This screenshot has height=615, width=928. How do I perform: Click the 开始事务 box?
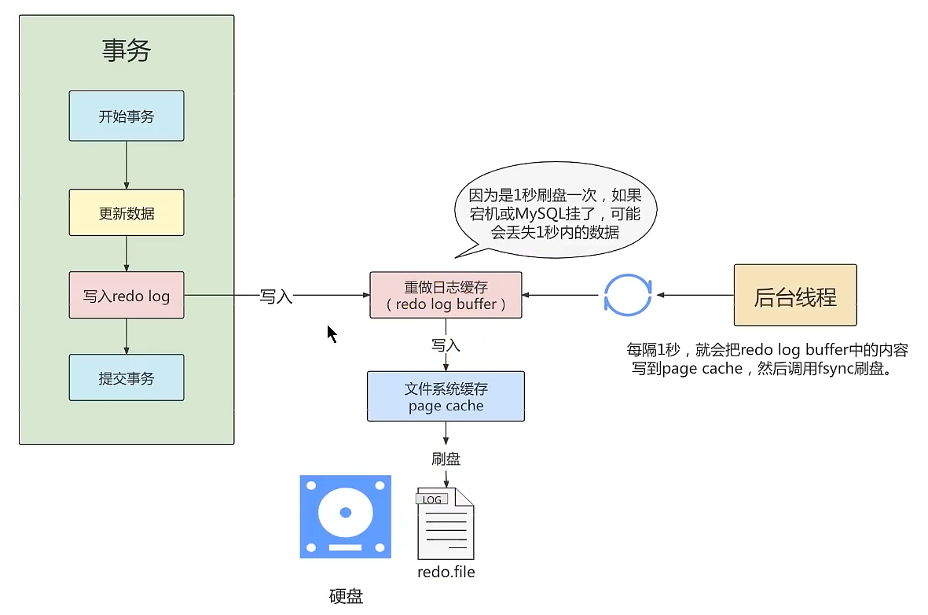tap(127, 116)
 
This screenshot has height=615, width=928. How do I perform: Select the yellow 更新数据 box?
tap(127, 212)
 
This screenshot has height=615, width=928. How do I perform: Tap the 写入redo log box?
tap(127, 296)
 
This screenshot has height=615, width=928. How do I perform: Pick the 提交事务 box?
tap(127, 377)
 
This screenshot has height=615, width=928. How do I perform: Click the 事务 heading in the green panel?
tap(127, 51)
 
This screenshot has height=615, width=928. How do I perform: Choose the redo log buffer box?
tap(446, 295)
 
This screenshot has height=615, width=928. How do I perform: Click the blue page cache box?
tap(446, 397)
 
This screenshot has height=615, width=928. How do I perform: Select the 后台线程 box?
tap(794, 296)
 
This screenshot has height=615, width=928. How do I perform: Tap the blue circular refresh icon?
tap(627, 296)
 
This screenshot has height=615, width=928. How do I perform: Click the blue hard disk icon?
tap(345, 517)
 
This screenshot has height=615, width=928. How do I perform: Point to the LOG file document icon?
tap(446, 523)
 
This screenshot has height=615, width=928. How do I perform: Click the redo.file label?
tap(446, 572)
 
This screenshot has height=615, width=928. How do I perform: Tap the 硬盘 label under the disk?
tap(346, 596)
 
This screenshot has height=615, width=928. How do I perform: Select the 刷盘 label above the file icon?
tap(446, 458)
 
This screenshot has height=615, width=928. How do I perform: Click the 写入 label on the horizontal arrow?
tap(276, 296)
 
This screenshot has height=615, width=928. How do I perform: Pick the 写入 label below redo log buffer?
tap(446, 345)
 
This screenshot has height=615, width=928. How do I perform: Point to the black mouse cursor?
tap(332, 333)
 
